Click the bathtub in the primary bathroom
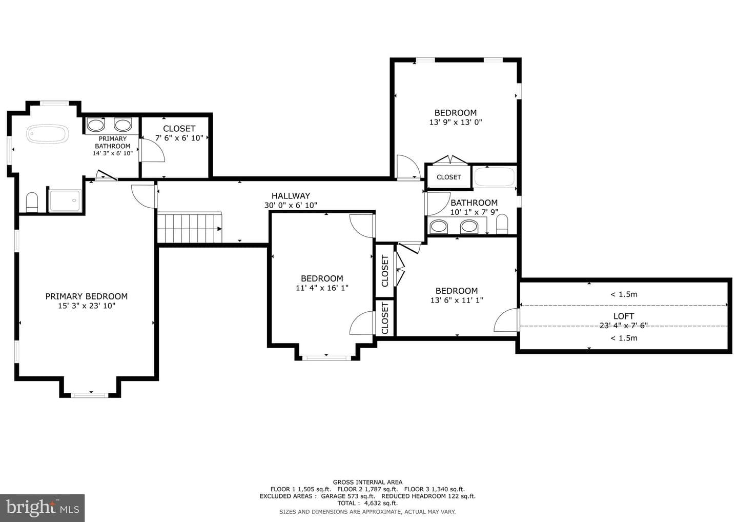(48, 134)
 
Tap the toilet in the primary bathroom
(32, 203)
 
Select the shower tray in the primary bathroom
(65, 200)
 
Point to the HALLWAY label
(291, 196)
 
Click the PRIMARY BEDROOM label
(86, 296)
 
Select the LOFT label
(624, 316)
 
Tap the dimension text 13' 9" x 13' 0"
(455, 122)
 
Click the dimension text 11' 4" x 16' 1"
(322, 288)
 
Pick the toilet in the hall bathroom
(502, 224)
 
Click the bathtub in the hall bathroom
(494, 177)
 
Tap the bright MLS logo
(42, 508)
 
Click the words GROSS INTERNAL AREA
(367, 482)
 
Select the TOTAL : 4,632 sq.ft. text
(367, 503)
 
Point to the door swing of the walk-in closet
(152, 150)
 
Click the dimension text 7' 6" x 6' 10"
(179, 138)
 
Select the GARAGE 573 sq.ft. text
(348, 496)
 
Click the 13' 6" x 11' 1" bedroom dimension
(457, 300)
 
